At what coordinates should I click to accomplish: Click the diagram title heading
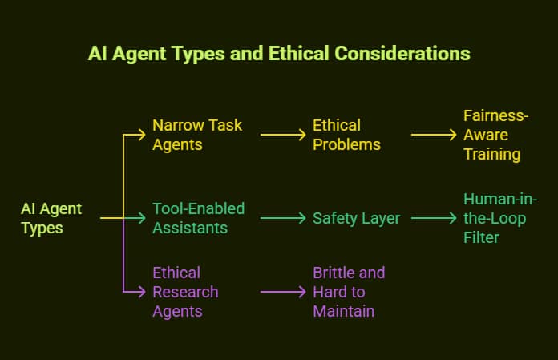coord(279,54)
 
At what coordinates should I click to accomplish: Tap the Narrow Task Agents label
coord(197,135)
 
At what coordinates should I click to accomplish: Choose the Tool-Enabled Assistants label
coord(198,218)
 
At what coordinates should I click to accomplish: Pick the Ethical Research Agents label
coord(185,292)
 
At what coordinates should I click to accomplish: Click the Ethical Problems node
coord(346,135)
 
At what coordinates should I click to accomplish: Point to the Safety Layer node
coord(356,218)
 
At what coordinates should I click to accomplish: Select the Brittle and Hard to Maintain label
coord(349,292)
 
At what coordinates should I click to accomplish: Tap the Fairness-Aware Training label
coord(492,135)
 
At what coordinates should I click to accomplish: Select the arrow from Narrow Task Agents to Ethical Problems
coord(283,135)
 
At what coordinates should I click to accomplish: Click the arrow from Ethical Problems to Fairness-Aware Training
coord(434,135)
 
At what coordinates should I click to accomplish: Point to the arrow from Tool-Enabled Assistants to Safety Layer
coord(283,218)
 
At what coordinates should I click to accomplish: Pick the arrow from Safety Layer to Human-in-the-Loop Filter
coord(434,218)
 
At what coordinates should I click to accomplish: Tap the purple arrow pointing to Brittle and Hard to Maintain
coord(283,292)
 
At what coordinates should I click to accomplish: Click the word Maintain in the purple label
coord(344,311)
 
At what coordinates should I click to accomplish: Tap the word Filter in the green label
coord(480,237)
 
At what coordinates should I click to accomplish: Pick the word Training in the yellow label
coord(492,154)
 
